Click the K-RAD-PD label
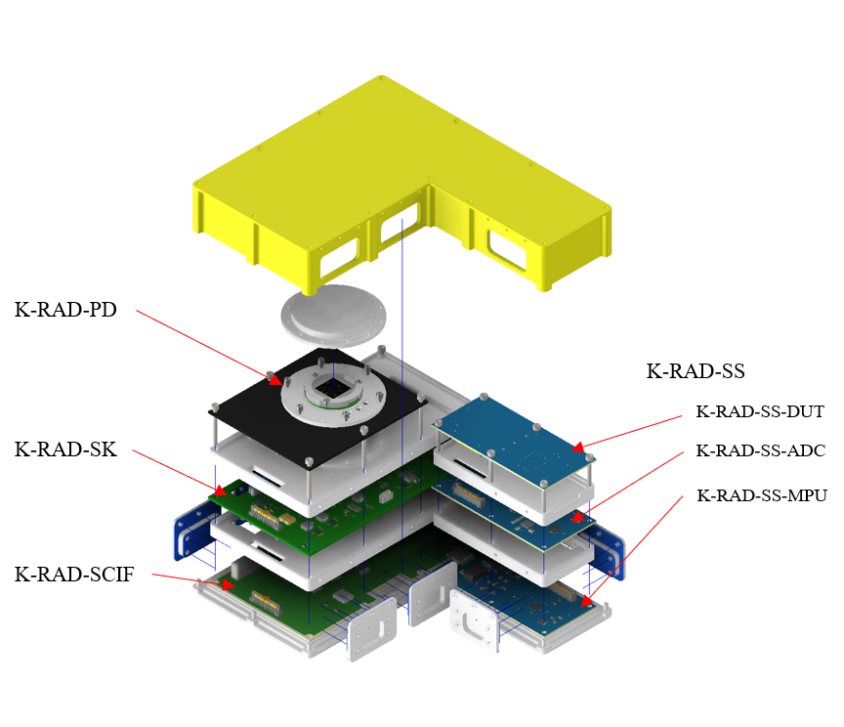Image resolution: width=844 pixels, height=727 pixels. click(x=65, y=310)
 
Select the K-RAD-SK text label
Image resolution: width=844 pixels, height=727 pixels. click(x=65, y=449)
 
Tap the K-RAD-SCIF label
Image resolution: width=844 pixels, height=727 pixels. click(x=74, y=575)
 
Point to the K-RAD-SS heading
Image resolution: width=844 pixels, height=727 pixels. click(x=696, y=371)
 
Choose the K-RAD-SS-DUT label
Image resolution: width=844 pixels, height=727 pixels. click(x=760, y=411)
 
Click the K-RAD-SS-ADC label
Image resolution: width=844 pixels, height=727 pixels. click(x=761, y=450)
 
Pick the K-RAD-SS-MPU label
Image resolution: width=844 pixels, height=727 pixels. click(x=762, y=495)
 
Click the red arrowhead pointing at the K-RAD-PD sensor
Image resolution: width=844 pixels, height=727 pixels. click(x=275, y=378)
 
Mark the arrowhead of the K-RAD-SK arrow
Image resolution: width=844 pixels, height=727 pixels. click(x=221, y=491)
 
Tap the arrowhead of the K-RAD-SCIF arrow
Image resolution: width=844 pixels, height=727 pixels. click(x=228, y=584)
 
